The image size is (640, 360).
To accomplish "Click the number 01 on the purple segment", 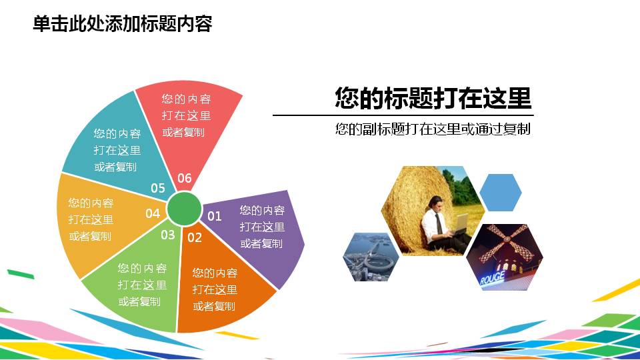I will (214, 216).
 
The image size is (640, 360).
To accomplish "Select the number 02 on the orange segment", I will (194, 237).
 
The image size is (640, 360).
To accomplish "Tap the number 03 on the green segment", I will (167, 235).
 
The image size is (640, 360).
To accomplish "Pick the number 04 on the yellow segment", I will (153, 213).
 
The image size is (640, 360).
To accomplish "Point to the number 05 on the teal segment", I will (157, 188).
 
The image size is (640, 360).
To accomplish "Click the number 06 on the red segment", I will (184, 178).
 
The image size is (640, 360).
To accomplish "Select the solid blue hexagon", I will (501, 192).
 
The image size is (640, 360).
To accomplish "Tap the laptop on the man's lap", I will (459, 227).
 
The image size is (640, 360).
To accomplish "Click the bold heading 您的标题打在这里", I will (433, 99).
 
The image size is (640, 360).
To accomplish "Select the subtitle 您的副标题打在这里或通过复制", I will (433, 129).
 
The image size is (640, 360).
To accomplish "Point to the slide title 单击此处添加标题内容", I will (122, 24).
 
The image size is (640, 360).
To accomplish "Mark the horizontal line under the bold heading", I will (403, 115).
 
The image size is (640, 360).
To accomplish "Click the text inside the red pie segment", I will (186, 115).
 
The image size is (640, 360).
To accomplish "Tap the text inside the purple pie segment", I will (262, 227).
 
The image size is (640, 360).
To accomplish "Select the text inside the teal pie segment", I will (117, 150).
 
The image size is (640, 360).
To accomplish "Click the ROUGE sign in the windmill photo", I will (492, 278).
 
